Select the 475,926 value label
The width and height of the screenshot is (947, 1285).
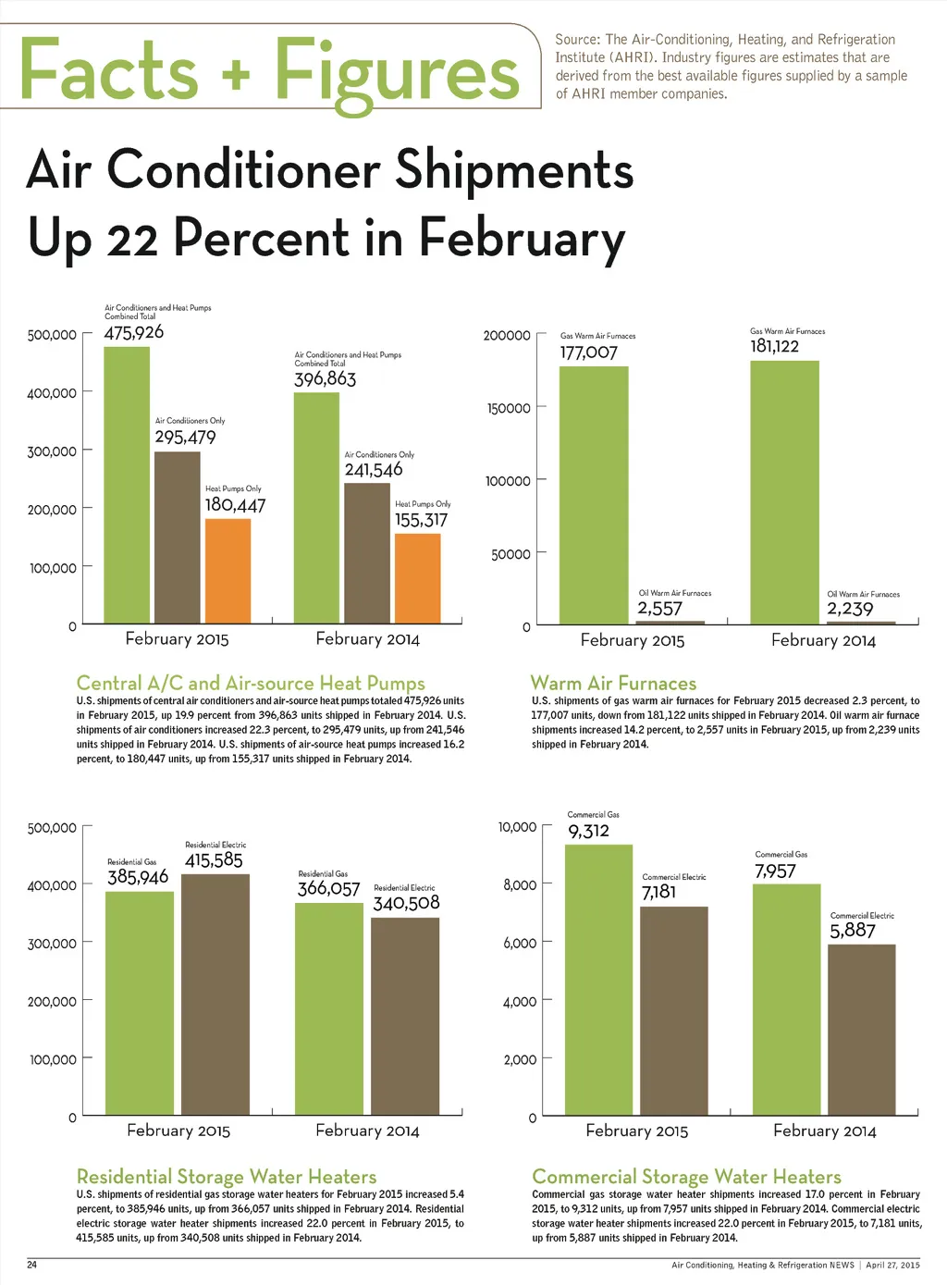(x=134, y=332)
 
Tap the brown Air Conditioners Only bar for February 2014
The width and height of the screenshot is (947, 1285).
(x=366, y=552)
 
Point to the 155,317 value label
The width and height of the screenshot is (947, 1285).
(x=421, y=520)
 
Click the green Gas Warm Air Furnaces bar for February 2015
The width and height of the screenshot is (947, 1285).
(x=594, y=495)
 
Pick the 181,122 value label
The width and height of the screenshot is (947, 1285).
(x=774, y=346)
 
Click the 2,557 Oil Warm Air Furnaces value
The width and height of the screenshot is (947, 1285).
(x=659, y=609)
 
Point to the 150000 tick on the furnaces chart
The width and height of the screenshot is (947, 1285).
(x=509, y=408)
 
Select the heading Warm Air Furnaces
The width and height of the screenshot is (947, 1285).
(x=613, y=684)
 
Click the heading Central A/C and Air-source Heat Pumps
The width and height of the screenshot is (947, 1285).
(x=251, y=684)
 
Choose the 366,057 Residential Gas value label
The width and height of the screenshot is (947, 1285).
(x=328, y=889)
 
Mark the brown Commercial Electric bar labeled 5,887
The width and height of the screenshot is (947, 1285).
(x=861, y=1029)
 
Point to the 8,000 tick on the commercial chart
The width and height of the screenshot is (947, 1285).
(x=520, y=885)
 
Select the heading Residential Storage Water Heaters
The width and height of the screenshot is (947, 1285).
(x=227, y=1177)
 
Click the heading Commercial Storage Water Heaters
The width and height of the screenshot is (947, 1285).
(x=686, y=1177)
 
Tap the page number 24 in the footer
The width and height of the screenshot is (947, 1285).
(x=31, y=1265)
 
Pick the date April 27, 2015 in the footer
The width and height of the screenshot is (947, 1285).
(x=892, y=1265)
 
